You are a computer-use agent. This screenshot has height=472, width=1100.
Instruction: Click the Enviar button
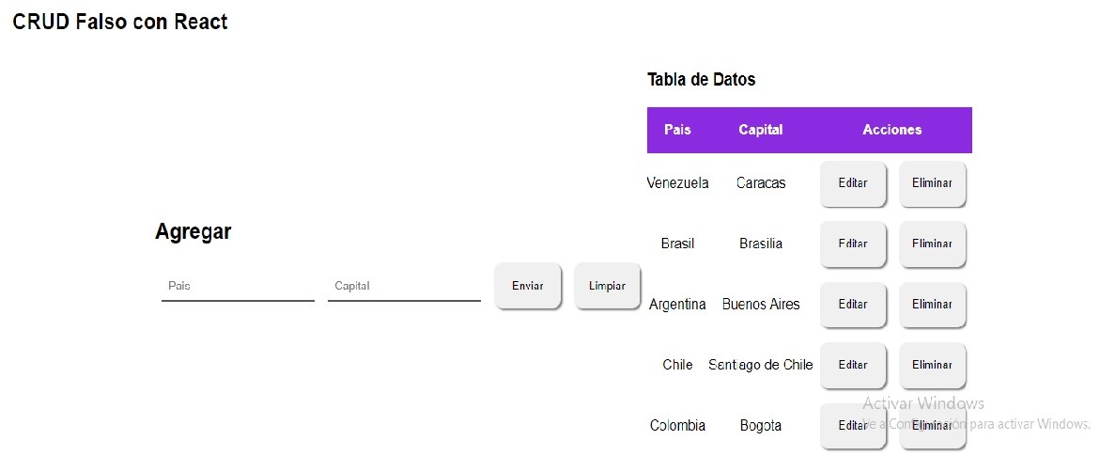pos(528,286)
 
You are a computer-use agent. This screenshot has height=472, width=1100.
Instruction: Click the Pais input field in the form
pos(238,287)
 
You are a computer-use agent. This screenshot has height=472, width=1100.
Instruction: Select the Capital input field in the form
pos(404,287)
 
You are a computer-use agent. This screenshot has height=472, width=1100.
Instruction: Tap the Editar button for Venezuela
pos(853,183)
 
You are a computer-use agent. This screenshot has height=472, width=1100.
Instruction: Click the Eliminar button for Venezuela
pos(933,183)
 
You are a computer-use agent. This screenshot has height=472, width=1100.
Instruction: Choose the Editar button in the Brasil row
pos(853,244)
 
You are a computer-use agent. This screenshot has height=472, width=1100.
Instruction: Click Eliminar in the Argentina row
pos(933,305)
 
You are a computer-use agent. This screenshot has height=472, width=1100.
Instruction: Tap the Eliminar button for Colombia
pos(933,426)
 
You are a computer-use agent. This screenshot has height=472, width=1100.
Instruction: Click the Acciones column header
pos(892,130)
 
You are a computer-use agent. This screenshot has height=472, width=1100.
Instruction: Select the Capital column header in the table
pos(761,130)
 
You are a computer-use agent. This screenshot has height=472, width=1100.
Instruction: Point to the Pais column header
pos(677,130)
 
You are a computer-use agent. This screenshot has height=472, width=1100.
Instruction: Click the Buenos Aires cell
pos(761,305)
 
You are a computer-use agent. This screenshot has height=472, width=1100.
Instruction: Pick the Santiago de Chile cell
pos(761,365)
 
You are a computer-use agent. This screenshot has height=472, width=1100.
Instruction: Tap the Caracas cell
pos(761,183)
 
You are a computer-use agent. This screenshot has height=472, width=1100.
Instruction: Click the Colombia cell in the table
pos(677,426)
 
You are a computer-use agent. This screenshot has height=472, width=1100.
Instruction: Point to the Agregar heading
pos(193,232)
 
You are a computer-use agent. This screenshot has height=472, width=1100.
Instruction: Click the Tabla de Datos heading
pos(701,79)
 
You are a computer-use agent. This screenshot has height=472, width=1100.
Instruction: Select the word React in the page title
pos(201,22)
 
